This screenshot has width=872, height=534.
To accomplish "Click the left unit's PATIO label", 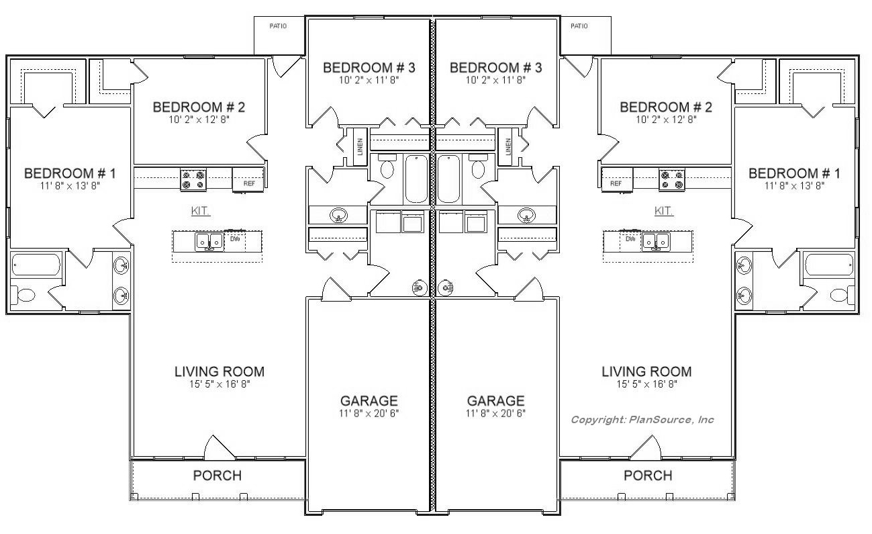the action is tap(278, 26).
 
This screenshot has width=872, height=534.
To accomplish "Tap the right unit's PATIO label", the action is tap(579, 26).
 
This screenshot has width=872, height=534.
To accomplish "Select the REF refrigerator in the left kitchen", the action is tap(248, 180).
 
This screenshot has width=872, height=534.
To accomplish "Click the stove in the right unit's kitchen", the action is tap(672, 180).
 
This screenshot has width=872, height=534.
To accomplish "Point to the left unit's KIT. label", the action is tap(200, 211).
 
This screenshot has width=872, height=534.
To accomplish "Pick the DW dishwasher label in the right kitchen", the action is tap(630, 238).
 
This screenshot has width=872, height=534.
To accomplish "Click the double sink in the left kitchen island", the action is tap(209, 242).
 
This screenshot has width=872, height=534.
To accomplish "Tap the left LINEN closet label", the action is tap(360, 146).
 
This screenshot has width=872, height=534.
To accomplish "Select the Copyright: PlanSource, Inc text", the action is tap(642, 420).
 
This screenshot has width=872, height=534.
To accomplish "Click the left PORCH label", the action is tap(217, 476).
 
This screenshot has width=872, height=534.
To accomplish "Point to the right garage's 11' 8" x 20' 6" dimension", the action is tap(495, 413).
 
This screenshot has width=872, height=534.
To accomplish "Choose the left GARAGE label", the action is tap(369, 401).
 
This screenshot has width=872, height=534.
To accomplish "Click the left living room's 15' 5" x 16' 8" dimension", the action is tap(220, 384).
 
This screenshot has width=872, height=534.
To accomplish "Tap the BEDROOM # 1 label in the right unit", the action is tap(794, 173).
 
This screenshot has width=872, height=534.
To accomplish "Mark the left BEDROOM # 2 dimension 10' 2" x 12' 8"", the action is tap(199, 119).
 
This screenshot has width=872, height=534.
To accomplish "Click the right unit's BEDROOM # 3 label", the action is tap(495, 68).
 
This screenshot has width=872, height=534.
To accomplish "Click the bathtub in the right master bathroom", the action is tap(828, 265).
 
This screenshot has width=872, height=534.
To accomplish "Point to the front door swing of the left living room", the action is tap(219, 447).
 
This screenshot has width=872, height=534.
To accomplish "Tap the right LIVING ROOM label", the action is tap(646, 371).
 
